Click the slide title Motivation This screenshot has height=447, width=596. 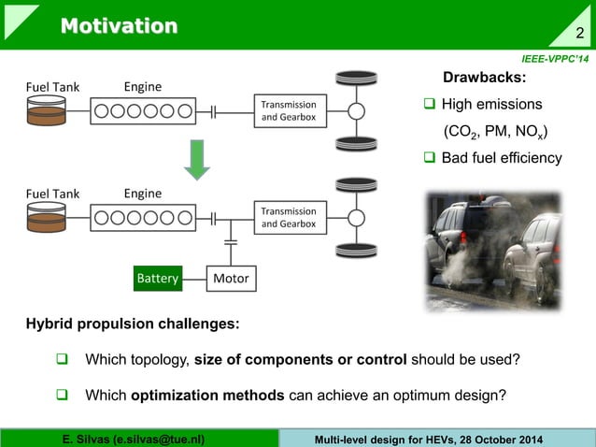[119, 25]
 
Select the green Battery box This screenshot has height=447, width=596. [157, 279]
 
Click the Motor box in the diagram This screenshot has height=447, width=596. [231, 279]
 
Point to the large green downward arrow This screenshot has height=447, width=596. [196, 158]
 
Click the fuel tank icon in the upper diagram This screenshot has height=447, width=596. [46, 111]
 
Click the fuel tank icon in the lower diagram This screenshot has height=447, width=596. [46, 218]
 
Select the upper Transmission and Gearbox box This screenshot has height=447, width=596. [288, 110]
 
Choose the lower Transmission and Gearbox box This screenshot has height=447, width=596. [288, 218]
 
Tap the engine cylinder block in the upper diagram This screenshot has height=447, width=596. [143, 111]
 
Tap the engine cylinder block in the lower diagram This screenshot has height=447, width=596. [143, 218]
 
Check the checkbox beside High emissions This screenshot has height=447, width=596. [430, 104]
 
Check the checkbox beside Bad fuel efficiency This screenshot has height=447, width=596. [430, 157]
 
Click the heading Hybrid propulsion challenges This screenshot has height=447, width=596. [132, 324]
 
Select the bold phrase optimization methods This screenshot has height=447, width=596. [207, 395]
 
